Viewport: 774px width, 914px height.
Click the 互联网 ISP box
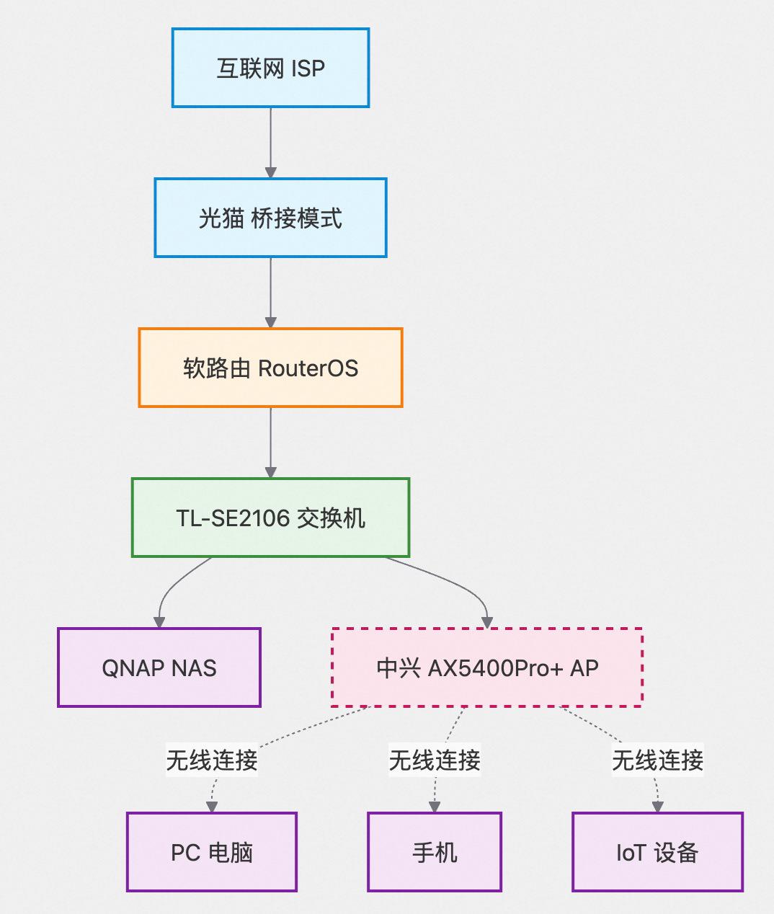tap(270, 68)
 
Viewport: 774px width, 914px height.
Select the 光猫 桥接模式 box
tap(270, 218)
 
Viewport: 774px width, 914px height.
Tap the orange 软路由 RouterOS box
tap(270, 368)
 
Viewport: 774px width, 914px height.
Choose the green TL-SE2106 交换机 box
tap(270, 518)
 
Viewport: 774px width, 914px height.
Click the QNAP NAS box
tap(159, 667)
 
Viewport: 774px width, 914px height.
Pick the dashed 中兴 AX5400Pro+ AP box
tap(486, 667)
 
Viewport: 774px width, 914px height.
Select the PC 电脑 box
tap(212, 852)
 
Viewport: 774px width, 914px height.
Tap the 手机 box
tap(435, 852)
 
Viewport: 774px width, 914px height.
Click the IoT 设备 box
tap(657, 852)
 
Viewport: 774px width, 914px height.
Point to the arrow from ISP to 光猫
tap(270, 143)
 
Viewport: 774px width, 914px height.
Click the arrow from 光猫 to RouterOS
tap(270, 293)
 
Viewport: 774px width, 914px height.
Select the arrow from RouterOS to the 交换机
tap(270, 443)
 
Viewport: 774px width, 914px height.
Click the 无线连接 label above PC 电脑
tap(212, 760)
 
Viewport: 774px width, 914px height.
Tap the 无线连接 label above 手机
tap(435, 760)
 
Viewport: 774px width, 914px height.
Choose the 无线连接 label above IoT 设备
tap(657, 760)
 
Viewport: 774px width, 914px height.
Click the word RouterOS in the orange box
tap(308, 368)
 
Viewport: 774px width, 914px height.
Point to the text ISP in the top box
tap(308, 68)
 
